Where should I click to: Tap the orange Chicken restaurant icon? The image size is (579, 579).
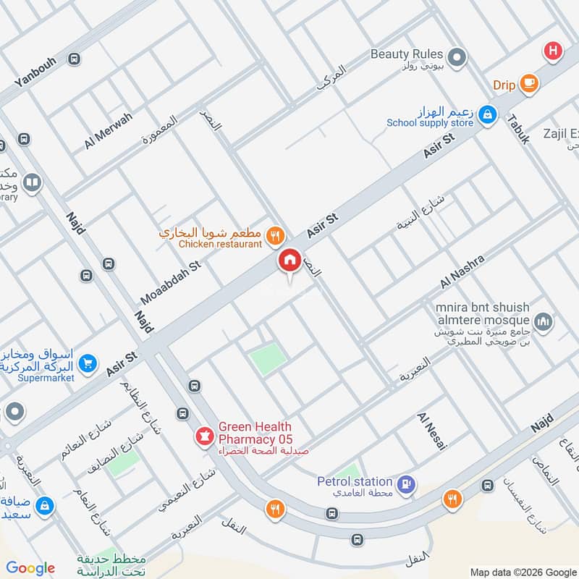pyautogui.click(x=274, y=234)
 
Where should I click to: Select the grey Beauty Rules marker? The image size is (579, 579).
pyautogui.click(x=457, y=56)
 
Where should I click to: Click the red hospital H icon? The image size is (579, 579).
pyautogui.click(x=553, y=51)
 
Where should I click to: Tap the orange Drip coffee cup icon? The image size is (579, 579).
pyautogui.click(x=529, y=85)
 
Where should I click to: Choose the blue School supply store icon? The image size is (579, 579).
pyautogui.click(x=489, y=114)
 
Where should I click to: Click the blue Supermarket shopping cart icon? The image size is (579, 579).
pyautogui.click(x=88, y=364)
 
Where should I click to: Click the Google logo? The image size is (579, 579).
pyautogui.click(x=30, y=568)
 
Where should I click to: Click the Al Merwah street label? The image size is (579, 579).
pyautogui.click(x=108, y=130)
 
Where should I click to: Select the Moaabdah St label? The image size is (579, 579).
pyautogui.click(x=169, y=283)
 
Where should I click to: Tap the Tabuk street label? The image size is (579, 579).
pyautogui.click(x=519, y=127)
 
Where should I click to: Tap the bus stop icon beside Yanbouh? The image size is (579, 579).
pyautogui.click(x=73, y=59)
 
